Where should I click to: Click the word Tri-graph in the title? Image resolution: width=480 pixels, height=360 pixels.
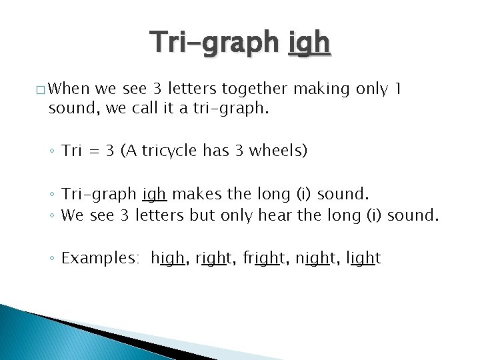coord(215,43)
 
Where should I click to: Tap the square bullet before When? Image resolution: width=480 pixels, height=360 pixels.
coord(41,89)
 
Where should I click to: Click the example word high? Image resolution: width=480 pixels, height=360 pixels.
coord(168,258)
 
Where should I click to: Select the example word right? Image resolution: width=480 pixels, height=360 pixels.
coord(213,258)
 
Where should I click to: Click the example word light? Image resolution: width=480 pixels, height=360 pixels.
coord(363,258)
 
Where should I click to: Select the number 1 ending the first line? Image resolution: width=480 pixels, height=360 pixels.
coord(398,89)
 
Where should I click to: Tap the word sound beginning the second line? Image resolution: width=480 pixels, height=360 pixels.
coord(71,108)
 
